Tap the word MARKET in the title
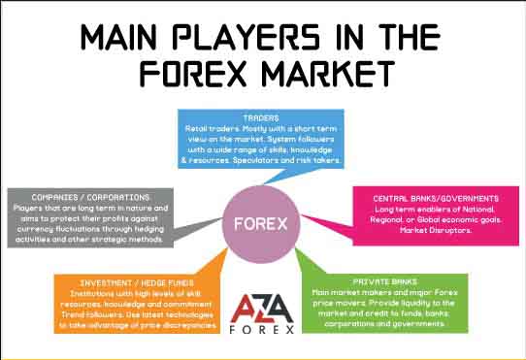[322, 74]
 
